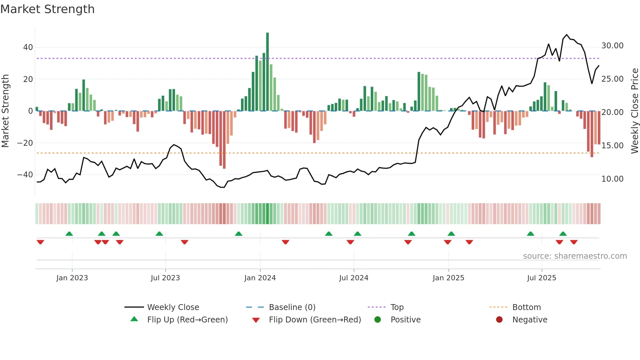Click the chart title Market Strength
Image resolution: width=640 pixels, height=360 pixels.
click(48, 9)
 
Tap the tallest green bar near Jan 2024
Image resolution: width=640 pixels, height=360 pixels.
click(267, 72)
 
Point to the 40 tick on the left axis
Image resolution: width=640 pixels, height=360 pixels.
click(28, 47)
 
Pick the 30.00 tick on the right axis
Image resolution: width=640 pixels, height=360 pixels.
click(612, 46)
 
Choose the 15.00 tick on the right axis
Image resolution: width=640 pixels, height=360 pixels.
click(612, 146)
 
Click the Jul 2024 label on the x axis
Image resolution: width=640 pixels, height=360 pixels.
click(354, 278)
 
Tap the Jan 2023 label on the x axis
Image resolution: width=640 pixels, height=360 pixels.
click(72, 278)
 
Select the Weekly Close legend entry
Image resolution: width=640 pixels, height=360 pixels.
click(173, 307)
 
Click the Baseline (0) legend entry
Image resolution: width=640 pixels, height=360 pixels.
click(292, 307)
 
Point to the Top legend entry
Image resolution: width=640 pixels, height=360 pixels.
click(397, 307)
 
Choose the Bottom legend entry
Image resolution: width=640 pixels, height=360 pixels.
click(526, 307)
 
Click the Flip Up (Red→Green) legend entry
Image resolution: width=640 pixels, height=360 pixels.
click(187, 320)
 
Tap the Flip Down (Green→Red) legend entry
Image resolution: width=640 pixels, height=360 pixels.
click(315, 320)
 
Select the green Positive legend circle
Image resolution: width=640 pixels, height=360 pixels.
click(378, 320)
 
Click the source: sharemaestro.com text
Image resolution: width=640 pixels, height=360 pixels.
click(575, 256)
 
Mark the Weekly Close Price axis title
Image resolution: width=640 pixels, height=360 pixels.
click(634, 111)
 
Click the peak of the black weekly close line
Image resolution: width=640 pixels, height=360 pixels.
click(567, 35)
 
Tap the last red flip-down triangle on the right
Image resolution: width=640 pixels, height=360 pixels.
click(574, 242)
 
